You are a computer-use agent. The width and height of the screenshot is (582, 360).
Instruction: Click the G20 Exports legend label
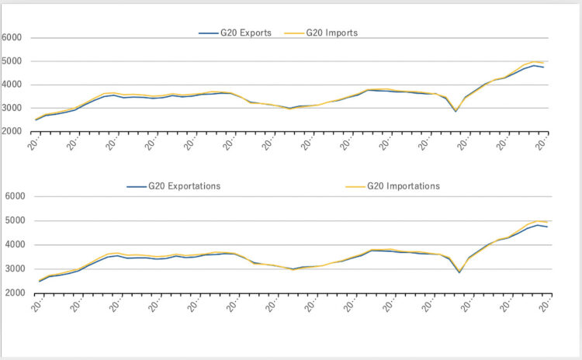[x=244, y=33]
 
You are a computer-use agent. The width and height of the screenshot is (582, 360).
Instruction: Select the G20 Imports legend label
[x=331, y=33]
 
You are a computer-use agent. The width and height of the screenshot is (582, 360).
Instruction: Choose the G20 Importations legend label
[x=404, y=186]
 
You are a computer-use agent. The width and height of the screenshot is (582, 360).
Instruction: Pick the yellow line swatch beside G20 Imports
[x=295, y=33]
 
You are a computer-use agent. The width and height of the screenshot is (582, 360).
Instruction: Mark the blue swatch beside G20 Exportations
[x=137, y=186]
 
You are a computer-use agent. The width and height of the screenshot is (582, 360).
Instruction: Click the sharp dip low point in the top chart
[x=456, y=111]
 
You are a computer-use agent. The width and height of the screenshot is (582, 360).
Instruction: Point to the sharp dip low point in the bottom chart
[x=459, y=272]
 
